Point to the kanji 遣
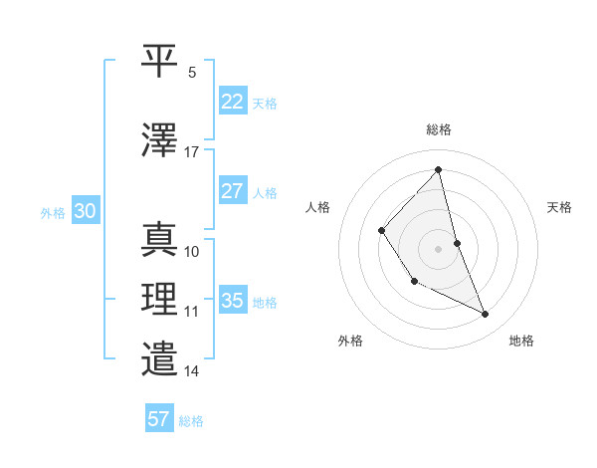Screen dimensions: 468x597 (x=160, y=358)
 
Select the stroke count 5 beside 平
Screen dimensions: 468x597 (x=192, y=73)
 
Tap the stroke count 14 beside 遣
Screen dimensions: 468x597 (x=192, y=371)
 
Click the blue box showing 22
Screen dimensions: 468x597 (x=232, y=102)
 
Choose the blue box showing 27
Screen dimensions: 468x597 (x=232, y=191)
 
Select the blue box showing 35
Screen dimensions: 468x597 (x=232, y=301)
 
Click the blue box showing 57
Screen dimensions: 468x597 (x=159, y=419)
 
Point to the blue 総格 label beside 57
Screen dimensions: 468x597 (x=191, y=421)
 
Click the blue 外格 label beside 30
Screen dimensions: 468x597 (x=53, y=212)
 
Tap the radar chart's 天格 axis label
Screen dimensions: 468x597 (x=559, y=207)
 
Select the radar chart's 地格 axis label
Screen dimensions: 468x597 (x=521, y=341)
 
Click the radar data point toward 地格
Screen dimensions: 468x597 (x=486, y=315)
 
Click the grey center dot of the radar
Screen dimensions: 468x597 (x=438, y=248)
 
